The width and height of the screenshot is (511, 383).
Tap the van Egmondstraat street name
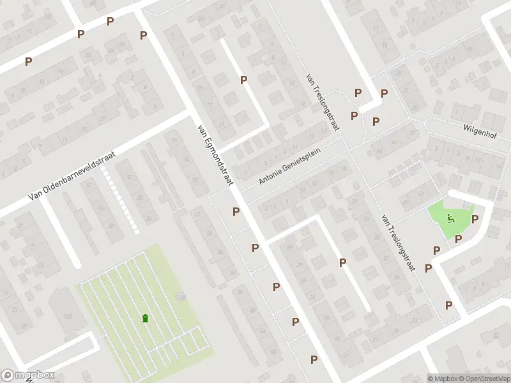(x=213, y=156)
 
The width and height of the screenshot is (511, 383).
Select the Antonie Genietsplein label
(x=298, y=165)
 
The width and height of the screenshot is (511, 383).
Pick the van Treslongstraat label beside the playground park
(x=397, y=242)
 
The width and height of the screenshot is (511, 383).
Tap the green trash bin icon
(x=146, y=318)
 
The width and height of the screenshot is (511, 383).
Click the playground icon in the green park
(x=451, y=218)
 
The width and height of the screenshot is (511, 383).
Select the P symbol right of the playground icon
(x=475, y=220)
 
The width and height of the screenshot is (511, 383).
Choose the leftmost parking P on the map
(x=28, y=61)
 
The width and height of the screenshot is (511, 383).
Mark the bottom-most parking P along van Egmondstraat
(x=314, y=360)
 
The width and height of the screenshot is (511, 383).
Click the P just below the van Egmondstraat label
(x=236, y=211)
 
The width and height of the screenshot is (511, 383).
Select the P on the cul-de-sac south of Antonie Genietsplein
(x=342, y=262)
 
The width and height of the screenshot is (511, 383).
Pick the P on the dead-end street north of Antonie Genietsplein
(x=243, y=80)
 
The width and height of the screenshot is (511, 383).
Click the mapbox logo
(x=28, y=375)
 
